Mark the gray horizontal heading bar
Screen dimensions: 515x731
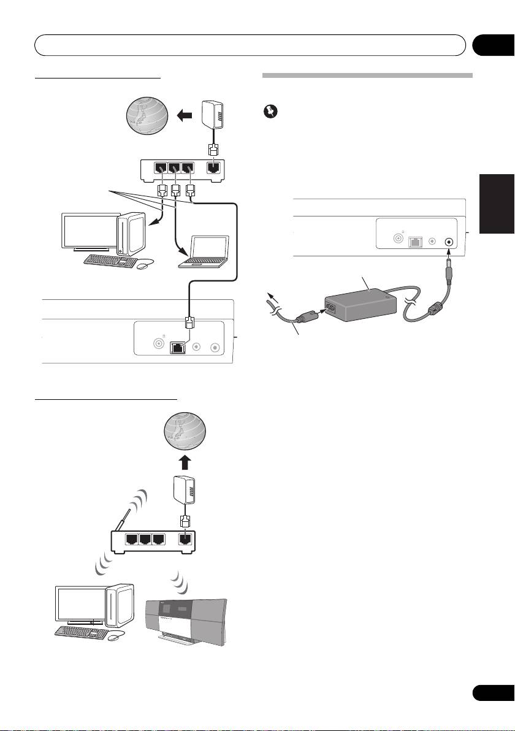click(x=368, y=77)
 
